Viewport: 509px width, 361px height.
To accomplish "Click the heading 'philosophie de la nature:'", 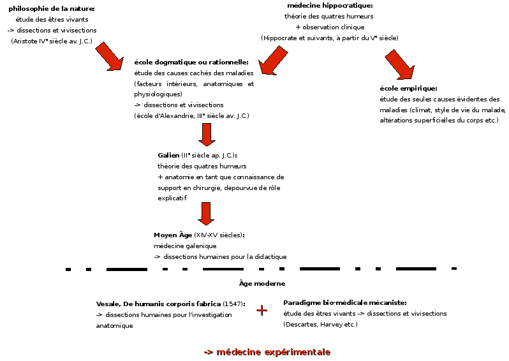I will [52, 8].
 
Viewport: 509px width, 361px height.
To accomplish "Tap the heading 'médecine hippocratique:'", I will [330, 5].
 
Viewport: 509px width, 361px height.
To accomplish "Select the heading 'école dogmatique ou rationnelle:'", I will [191, 62].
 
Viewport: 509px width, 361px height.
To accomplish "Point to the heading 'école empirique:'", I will [408, 88].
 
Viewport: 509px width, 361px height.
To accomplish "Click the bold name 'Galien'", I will [168, 155].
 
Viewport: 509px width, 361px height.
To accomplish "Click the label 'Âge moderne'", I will [262, 283].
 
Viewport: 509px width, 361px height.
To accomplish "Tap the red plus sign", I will [262, 310].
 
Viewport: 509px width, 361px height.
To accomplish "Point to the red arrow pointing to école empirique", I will [401, 66].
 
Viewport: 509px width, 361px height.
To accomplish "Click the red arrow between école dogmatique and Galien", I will [205, 135].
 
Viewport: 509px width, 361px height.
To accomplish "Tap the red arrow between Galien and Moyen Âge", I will [205, 213].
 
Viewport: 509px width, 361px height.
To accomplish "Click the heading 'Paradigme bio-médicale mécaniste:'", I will [345, 302].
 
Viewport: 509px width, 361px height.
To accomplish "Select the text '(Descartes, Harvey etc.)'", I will [320, 325].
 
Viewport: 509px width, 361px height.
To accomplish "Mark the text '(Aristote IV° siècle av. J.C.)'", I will [52, 41].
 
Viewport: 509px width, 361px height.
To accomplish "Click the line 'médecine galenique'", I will [185, 246].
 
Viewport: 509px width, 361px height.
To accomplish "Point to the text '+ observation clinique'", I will [330, 27].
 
